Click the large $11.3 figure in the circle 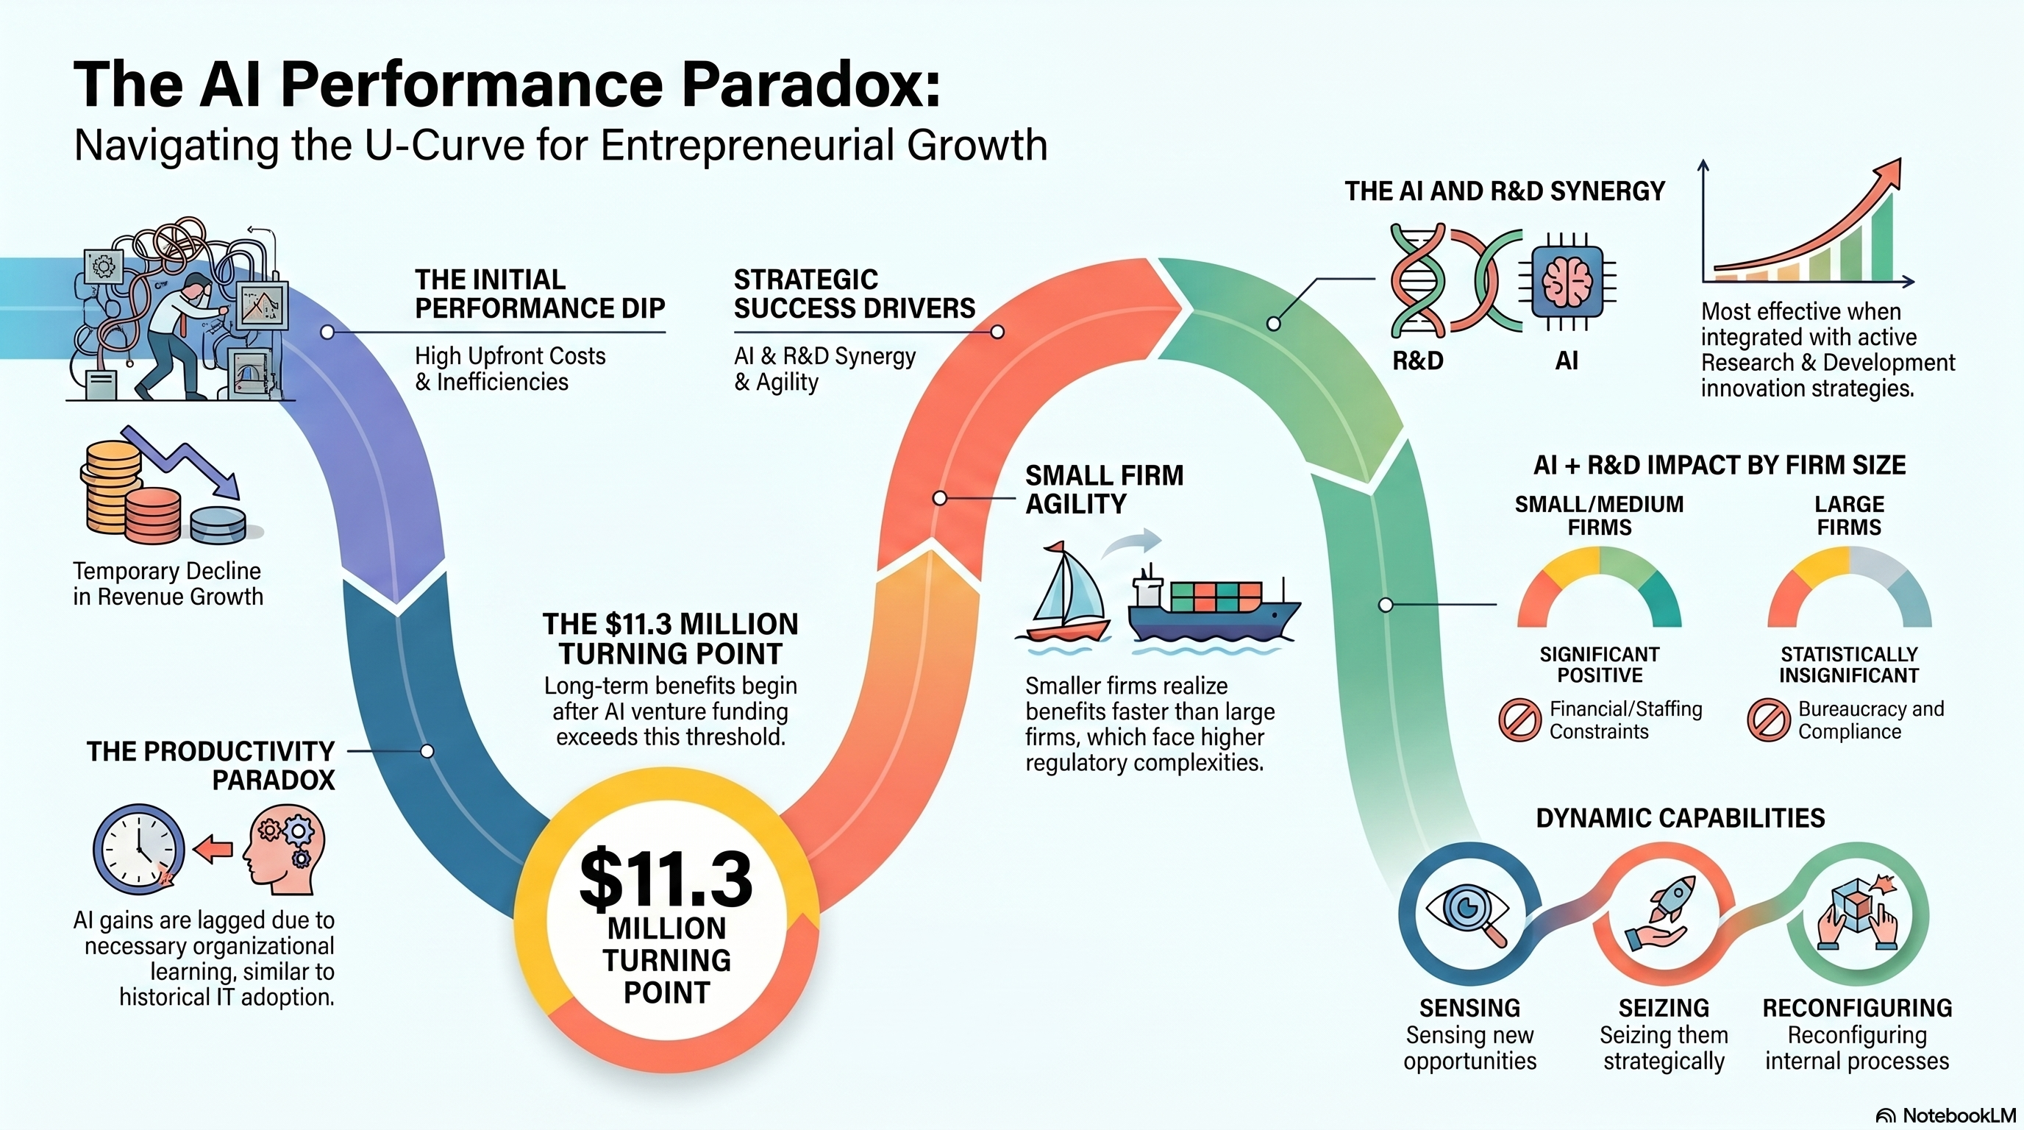[666, 878]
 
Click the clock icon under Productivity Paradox [139, 850]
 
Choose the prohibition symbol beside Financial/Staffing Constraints [1519, 719]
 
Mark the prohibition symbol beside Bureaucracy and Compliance [1769, 719]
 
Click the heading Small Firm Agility [1104, 488]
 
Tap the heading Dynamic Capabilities [1680, 818]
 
